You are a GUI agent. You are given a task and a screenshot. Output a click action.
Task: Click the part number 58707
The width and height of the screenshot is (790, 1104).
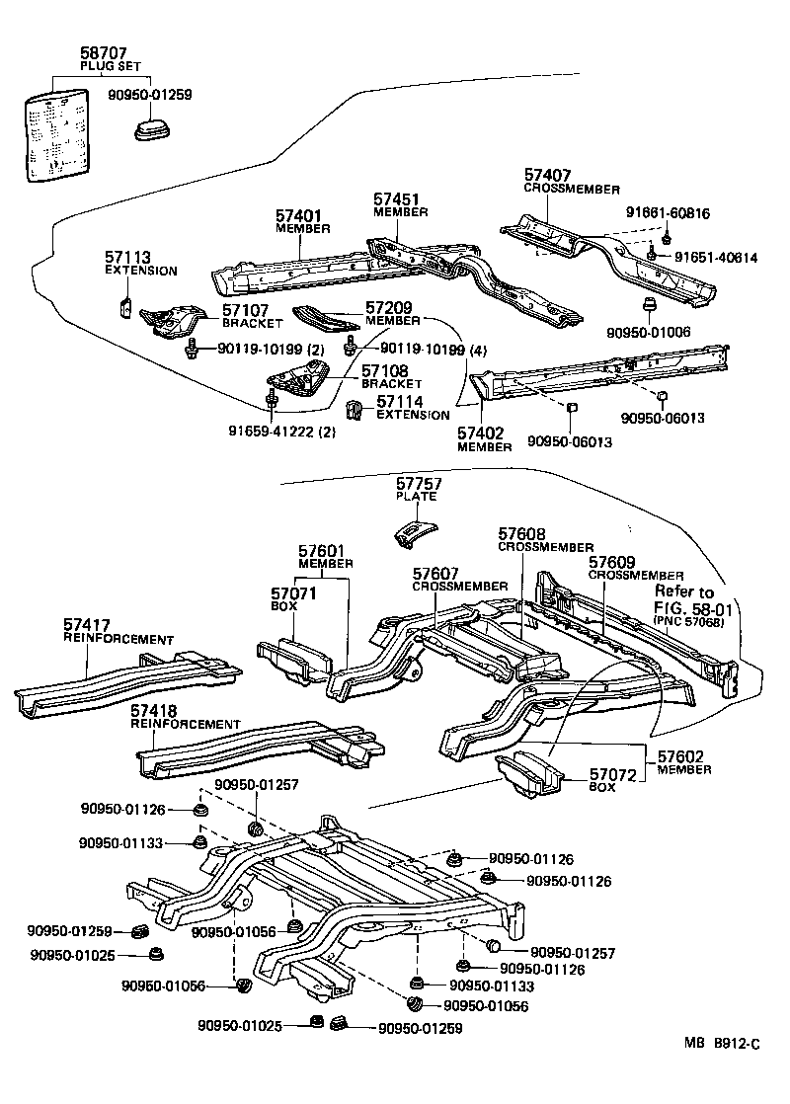103,53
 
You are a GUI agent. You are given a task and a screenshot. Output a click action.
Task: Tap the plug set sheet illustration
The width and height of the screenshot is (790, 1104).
57,134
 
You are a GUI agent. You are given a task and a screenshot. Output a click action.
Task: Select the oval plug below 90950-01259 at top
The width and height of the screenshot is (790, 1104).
153,130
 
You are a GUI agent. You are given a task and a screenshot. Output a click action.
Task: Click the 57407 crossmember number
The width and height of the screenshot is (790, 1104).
547,176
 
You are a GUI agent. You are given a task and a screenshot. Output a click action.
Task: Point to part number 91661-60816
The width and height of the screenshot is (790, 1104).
668,213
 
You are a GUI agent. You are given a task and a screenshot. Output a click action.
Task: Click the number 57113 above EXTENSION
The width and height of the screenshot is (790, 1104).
128,258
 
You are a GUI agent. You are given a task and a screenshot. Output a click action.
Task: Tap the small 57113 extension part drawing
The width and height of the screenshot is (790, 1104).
125,308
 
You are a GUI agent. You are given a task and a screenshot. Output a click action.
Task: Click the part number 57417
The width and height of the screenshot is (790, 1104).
87,625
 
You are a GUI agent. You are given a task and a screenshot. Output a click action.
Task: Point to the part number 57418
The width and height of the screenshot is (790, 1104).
154,710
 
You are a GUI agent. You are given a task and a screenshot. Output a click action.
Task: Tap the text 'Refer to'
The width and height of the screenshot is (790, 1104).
684,591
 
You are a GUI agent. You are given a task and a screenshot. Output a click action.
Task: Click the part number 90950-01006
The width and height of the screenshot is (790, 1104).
649,333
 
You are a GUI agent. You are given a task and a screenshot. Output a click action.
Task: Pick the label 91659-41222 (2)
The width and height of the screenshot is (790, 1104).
281,432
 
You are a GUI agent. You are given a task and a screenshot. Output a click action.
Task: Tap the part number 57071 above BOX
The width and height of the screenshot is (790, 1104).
293,593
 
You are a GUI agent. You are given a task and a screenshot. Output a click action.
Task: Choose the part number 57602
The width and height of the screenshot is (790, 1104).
680,756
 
